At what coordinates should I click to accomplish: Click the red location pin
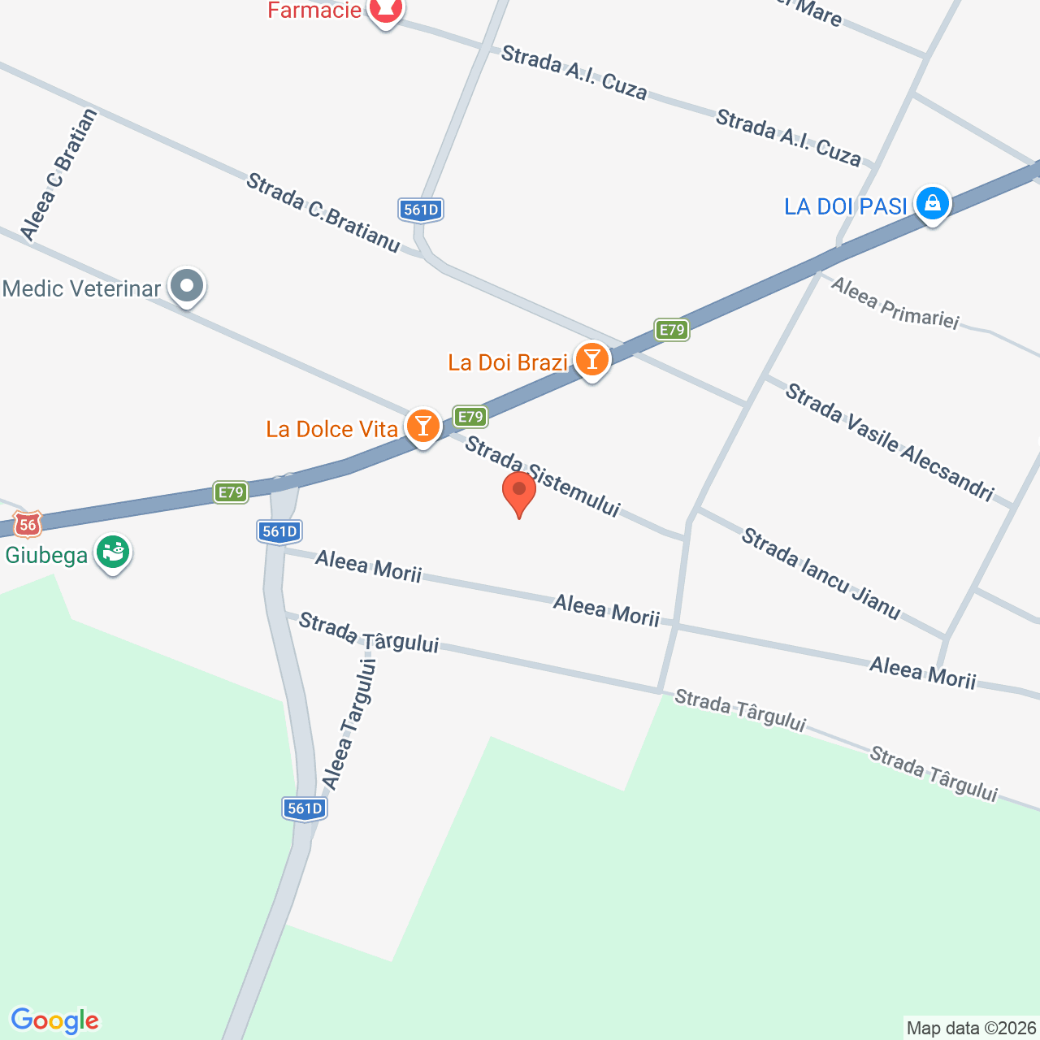pyautogui.click(x=518, y=492)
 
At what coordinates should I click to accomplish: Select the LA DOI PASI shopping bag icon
pyautogui.click(x=932, y=204)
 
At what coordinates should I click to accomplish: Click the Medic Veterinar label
pyautogui.click(x=82, y=288)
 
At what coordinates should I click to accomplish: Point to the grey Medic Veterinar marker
pyautogui.click(x=188, y=286)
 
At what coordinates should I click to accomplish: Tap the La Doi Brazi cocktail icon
pyautogui.click(x=591, y=359)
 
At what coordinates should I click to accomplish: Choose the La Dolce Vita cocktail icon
pyautogui.click(x=422, y=426)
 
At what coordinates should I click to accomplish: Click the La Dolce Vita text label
pyautogui.click(x=331, y=429)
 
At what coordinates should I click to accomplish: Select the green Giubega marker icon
pyautogui.click(x=113, y=553)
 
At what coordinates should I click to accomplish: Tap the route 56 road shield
pyautogui.click(x=28, y=524)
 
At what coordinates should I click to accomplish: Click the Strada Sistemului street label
pyautogui.click(x=542, y=476)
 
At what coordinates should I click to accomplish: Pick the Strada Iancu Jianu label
pyautogui.click(x=821, y=574)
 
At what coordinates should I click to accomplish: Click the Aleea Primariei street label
pyautogui.click(x=895, y=303)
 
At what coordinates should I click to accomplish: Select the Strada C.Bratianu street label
pyautogui.click(x=323, y=212)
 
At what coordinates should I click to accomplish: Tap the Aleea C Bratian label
pyautogui.click(x=58, y=175)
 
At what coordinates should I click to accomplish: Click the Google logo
pyautogui.click(x=54, y=1020)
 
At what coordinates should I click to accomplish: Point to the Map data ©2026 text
pyautogui.click(x=972, y=1029)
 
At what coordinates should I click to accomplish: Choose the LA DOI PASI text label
pyautogui.click(x=845, y=206)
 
